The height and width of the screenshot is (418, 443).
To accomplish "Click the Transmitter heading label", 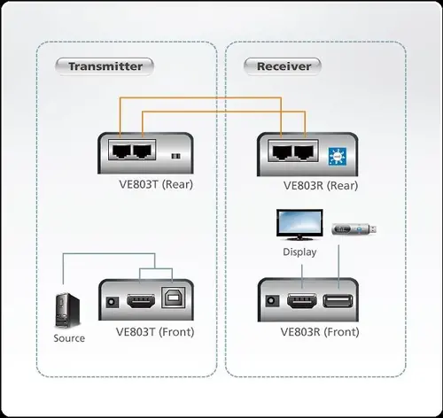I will coord(105,66).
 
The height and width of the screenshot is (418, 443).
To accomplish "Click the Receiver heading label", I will coord(284,66).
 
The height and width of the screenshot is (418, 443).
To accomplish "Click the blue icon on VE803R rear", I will coord(336,153).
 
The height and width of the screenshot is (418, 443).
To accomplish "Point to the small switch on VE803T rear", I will coord(175,156).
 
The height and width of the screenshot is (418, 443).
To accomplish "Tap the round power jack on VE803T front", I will coord(112,302).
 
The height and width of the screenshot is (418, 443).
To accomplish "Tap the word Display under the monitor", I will coord(299,252).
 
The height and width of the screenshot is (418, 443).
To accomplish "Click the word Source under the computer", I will coord(69,338).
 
